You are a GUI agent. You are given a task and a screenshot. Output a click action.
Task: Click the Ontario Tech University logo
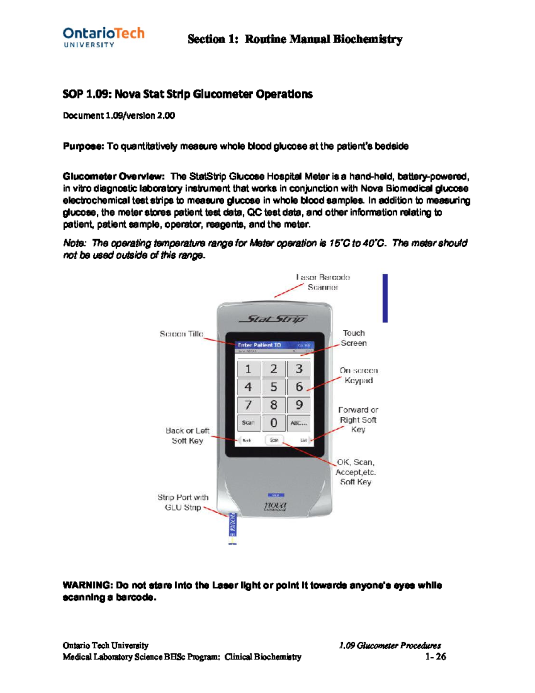point(103,37)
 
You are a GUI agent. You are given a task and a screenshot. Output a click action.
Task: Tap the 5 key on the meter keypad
point(274,387)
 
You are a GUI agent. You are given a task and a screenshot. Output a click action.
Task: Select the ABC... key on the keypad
point(298,423)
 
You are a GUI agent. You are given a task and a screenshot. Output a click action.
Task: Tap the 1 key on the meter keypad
point(248,369)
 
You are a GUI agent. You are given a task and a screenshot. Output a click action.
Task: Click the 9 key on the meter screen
point(299,405)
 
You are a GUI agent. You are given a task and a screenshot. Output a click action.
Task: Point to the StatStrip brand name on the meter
point(273,319)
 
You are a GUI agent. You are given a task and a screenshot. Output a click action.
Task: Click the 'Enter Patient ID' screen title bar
point(274,345)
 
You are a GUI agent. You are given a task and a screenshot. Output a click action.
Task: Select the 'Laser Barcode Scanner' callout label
point(323,282)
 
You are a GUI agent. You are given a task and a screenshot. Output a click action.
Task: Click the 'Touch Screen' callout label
point(354,338)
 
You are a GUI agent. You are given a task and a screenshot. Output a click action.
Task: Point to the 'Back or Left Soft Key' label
point(187,436)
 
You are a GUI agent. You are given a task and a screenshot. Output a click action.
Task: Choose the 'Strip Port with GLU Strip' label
point(183,502)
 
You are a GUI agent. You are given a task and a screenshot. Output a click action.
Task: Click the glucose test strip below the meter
point(232,528)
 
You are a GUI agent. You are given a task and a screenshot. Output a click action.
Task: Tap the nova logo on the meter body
point(275,505)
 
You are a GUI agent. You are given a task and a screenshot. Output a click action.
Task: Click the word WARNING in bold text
point(87,585)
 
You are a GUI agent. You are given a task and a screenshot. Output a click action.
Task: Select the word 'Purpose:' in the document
point(83,146)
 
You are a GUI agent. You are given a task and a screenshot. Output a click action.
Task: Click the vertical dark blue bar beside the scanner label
point(385,298)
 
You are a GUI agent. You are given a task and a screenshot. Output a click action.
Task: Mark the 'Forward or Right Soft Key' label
point(358,419)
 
